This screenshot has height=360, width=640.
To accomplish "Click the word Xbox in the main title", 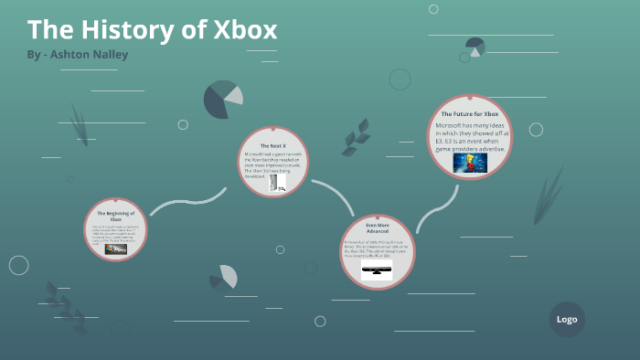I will [244, 30].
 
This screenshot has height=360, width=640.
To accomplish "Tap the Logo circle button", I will [567, 319].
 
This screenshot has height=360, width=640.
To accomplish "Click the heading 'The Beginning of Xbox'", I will [116, 215].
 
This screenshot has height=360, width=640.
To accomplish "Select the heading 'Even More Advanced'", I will [377, 228].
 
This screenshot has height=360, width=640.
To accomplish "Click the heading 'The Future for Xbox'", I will [469, 112].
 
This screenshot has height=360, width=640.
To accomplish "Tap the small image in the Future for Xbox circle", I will [470, 163].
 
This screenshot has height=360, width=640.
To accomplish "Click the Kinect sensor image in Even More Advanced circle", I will [377, 272].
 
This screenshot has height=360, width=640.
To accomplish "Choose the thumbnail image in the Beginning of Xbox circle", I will [116, 249].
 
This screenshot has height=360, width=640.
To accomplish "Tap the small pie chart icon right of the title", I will [475, 47].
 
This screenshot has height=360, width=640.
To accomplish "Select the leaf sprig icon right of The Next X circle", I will [355, 137].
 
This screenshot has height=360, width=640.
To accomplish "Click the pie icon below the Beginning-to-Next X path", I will [223, 278].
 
